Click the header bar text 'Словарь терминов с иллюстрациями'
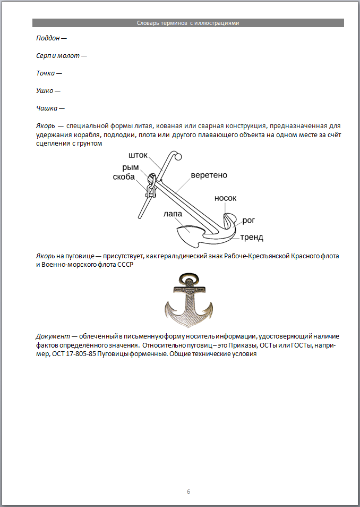click(188, 23)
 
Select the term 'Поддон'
click(48, 38)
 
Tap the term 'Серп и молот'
click(58, 55)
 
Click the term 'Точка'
click(46, 73)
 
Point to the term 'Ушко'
click(45, 90)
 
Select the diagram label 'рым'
click(130, 167)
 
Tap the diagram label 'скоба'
click(124, 177)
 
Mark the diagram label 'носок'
click(225, 198)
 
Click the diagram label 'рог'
click(248, 219)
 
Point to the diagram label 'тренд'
click(252, 237)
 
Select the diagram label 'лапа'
click(173, 214)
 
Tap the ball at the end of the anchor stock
click(178, 156)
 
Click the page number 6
click(188, 491)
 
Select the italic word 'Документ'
click(53, 336)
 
